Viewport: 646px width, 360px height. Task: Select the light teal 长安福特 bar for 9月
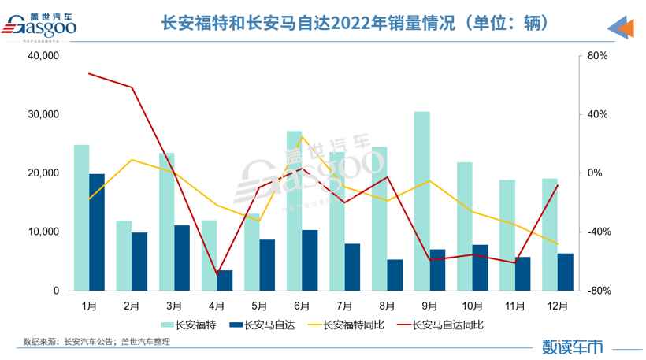422,201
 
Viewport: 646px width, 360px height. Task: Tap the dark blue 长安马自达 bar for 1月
96,232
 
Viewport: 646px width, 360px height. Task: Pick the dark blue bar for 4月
225,280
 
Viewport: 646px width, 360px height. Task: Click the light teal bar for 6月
294,210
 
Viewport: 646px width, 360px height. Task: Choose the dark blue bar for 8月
395,275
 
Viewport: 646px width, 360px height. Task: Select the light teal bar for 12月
550,234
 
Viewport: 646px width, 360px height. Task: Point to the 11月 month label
515,302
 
